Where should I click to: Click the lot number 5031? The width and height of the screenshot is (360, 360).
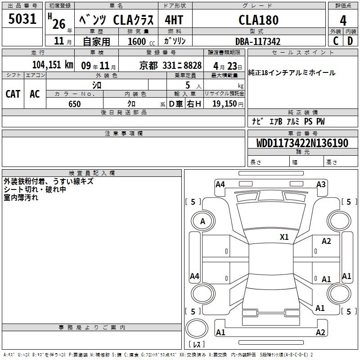pyautogui.click(x=22, y=19)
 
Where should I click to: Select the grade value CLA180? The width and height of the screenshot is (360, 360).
pyautogui.click(x=258, y=20)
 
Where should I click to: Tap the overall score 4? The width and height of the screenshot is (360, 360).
pyautogui.click(x=343, y=21)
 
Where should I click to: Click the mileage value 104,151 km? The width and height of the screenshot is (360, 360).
pyautogui.click(x=53, y=65)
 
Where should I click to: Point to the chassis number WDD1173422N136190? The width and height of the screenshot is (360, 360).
pyautogui.click(x=302, y=143)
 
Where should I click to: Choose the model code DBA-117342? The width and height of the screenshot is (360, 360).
pyautogui.click(x=258, y=41)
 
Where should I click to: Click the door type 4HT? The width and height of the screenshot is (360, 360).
pyautogui.click(x=174, y=20)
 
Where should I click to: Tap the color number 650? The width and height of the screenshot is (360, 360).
pyautogui.click(x=74, y=104)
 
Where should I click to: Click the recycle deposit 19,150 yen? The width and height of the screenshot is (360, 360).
pyautogui.click(x=228, y=104)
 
